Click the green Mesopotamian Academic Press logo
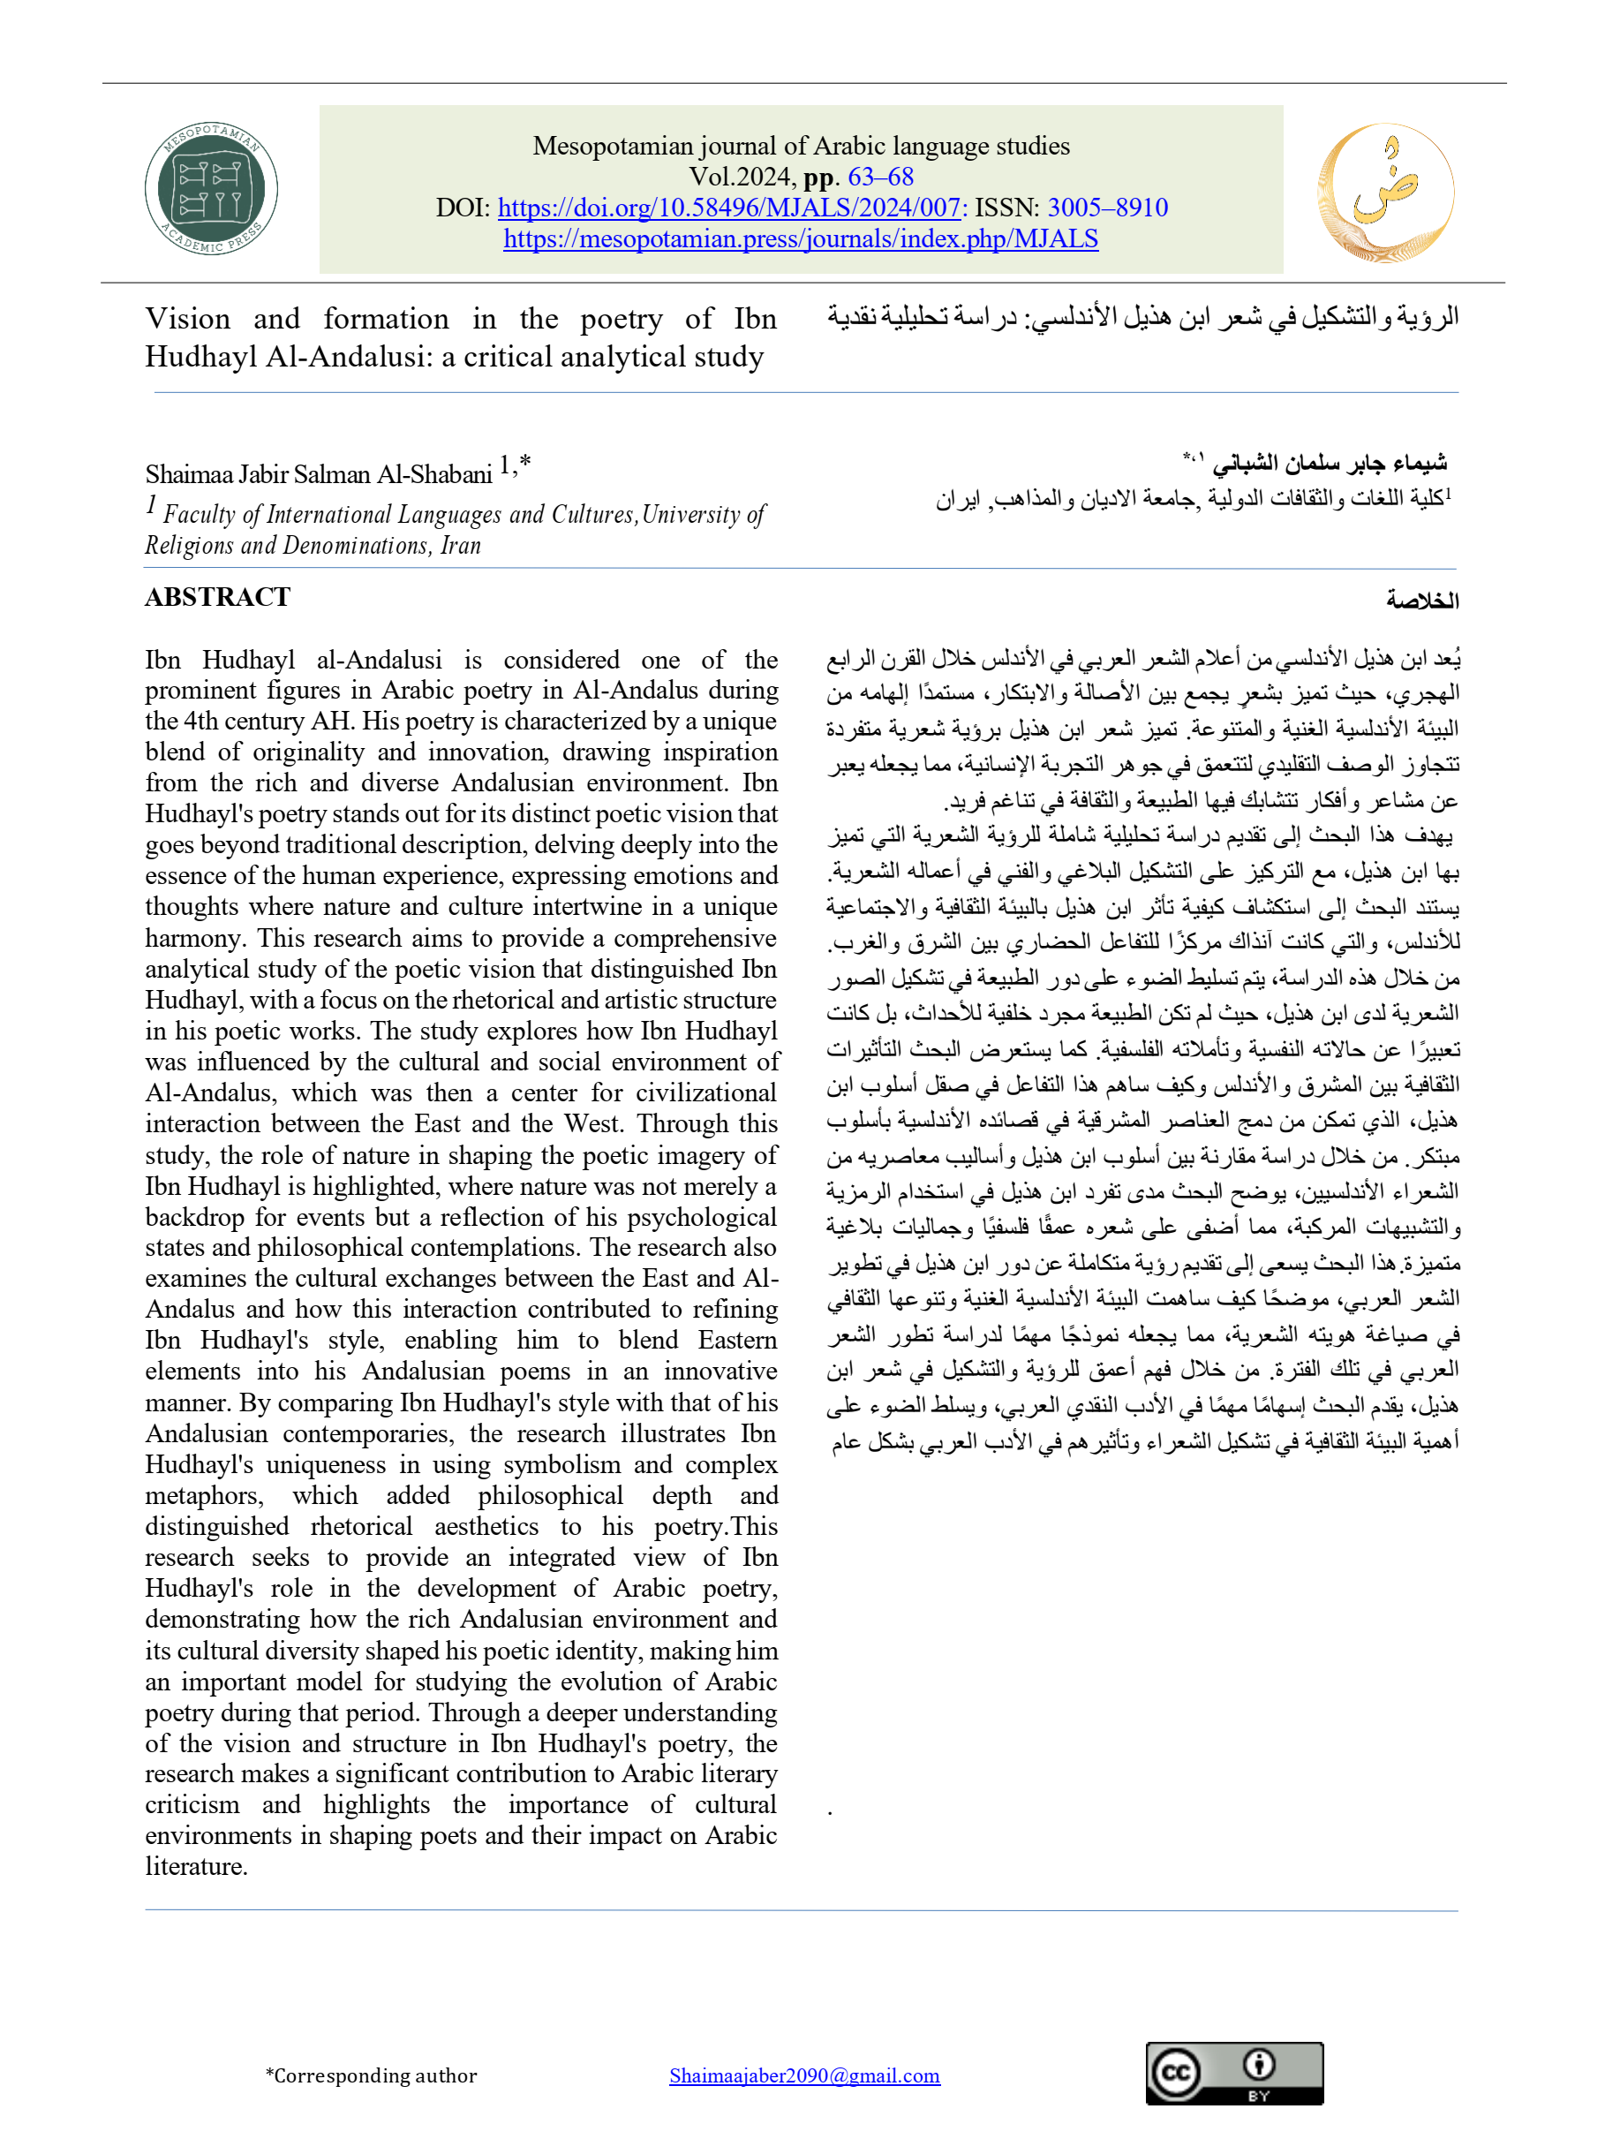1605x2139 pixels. (211, 189)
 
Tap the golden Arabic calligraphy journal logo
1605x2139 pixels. (1384, 193)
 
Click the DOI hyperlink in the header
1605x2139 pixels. (729, 208)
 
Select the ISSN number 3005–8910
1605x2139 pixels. (1107, 208)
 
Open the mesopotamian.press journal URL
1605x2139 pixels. (801, 238)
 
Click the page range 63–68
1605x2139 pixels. (880, 177)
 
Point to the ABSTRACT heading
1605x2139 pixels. (217, 598)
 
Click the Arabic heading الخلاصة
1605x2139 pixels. (1421, 601)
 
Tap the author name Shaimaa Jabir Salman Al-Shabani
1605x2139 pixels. (319, 474)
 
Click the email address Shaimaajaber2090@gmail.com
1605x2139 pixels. (803, 2075)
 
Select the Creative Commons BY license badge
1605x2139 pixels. (1233, 2074)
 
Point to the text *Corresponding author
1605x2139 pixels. (372, 2075)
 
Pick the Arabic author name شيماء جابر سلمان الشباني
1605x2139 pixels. (1330, 462)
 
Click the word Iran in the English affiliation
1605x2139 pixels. (460, 546)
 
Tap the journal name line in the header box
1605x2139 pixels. (801, 146)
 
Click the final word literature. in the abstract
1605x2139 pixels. (196, 1866)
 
